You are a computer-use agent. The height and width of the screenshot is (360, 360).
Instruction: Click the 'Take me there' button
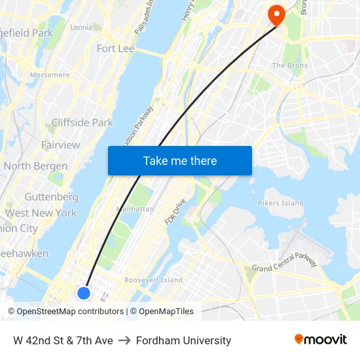pos(180,161)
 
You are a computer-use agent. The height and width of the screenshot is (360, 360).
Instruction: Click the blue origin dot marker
pos(84,293)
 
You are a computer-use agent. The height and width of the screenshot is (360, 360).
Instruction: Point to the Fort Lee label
pos(115,48)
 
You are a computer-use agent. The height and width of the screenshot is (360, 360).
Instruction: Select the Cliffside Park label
pos(82,122)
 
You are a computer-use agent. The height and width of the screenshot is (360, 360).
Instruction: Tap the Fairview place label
pos(60,145)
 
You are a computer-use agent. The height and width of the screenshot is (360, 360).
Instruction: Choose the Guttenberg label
pos(51,197)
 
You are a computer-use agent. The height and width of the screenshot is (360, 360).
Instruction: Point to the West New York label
pos(41,213)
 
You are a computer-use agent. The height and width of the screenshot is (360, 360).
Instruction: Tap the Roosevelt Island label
pos(153,280)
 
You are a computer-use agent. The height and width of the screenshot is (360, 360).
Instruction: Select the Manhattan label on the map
pos(134,209)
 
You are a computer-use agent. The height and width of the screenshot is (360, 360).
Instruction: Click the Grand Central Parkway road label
pos(285,261)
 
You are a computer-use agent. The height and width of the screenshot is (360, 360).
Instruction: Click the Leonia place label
pos(81,27)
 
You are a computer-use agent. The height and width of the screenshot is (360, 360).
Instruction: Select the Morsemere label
pos(50,75)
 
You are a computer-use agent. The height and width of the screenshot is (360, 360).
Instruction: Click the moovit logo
pos(321,340)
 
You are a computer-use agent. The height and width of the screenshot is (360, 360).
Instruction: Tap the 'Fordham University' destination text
pos(184,340)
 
